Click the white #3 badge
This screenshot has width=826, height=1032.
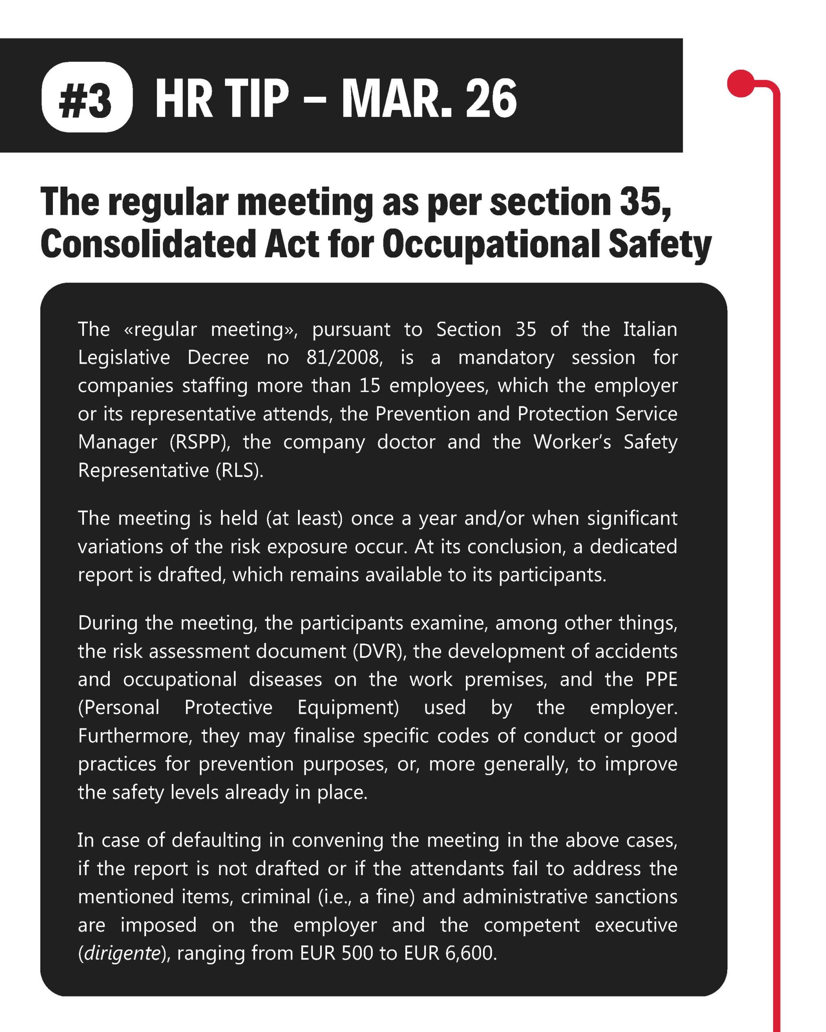click(x=87, y=97)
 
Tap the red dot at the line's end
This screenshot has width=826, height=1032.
click(x=741, y=84)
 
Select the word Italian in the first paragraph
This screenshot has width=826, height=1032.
click(x=650, y=329)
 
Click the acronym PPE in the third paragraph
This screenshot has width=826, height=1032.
click(x=661, y=679)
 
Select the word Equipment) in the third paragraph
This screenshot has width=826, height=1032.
click(x=348, y=707)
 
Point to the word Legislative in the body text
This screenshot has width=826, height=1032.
click(x=124, y=358)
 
